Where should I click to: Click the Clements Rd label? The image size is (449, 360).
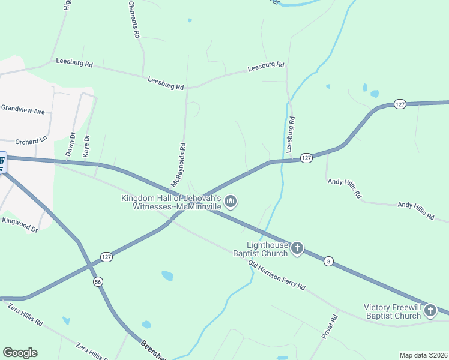(134, 20)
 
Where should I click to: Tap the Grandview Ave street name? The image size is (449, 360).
(23, 110)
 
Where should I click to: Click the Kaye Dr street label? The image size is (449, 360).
(86, 146)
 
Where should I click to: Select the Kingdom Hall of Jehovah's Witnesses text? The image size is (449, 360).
(172, 202)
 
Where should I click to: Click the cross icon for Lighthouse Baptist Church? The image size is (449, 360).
(297, 248)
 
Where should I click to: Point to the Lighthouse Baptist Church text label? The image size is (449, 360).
(268, 249)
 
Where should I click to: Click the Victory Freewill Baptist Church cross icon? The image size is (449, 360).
(430, 311)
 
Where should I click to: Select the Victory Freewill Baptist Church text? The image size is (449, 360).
(393, 312)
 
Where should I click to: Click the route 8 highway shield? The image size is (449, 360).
(328, 260)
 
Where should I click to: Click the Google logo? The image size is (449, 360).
(20, 353)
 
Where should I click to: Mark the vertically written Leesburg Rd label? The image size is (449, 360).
(291, 133)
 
